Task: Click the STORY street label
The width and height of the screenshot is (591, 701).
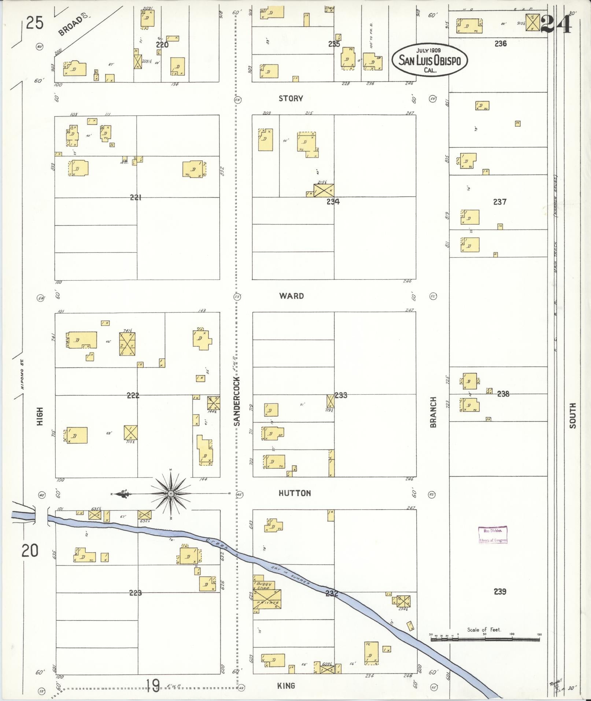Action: pyautogui.click(x=291, y=98)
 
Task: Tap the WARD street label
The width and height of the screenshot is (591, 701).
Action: pyautogui.click(x=291, y=296)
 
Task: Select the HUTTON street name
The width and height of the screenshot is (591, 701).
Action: pyautogui.click(x=295, y=493)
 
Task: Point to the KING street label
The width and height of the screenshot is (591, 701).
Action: pyautogui.click(x=286, y=686)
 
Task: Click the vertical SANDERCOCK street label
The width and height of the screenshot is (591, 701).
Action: pyautogui.click(x=237, y=401)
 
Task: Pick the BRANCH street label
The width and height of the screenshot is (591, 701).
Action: pyautogui.click(x=433, y=412)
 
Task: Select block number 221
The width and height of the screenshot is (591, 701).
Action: pyautogui.click(x=136, y=198)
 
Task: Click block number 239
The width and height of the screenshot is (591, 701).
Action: pyautogui.click(x=500, y=591)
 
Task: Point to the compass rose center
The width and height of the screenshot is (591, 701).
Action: pyautogui.click(x=170, y=494)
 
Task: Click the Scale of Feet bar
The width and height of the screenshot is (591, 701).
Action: pyautogui.click(x=485, y=639)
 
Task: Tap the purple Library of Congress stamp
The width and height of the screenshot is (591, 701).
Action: pyautogui.click(x=493, y=535)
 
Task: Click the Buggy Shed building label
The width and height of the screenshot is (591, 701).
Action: pyautogui.click(x=263, y=586)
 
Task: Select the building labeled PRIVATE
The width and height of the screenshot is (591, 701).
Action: pyautogui.click(x=268, y=603)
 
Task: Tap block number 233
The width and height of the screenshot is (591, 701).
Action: pyautogui.click(x=341, y=395)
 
